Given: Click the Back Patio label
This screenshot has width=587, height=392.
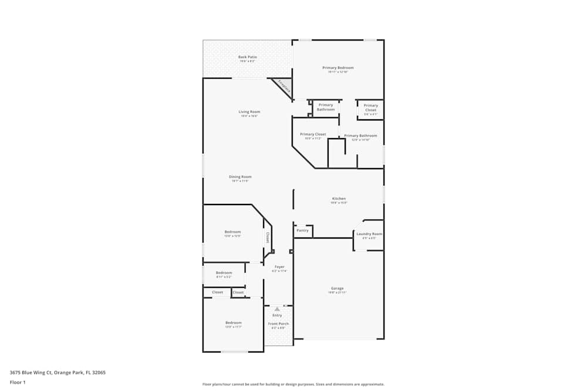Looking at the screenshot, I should point(247,57).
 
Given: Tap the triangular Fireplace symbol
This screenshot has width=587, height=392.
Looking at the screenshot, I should point(283,87).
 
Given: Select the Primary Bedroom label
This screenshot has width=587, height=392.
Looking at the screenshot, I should point(338,68).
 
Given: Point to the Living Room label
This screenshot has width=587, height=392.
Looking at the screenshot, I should point(249,112).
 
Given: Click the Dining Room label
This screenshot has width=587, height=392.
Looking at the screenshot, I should point(240,177).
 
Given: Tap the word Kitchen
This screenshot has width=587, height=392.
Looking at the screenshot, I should point(339,199).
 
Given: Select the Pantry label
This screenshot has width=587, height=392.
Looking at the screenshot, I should point(302,230).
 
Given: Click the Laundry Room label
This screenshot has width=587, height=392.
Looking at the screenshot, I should point(369,234).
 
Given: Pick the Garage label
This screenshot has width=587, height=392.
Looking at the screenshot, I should point(337,288).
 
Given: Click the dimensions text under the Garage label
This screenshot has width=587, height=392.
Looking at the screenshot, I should point(337,293).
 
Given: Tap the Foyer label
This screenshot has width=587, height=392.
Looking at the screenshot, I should point(279,267).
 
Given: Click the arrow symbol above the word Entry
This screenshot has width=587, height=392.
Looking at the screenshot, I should point(277,309).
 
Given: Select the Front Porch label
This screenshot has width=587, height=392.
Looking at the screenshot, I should point(278,324).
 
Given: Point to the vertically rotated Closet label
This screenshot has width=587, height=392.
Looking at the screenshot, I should point(268,237).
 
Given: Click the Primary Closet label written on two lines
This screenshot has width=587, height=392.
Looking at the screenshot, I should point(370,108).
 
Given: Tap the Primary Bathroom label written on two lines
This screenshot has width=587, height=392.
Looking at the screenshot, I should point(326,107).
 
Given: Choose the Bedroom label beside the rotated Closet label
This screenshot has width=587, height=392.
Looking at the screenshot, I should point(232,232).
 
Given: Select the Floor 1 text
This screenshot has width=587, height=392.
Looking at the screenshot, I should point(18,382).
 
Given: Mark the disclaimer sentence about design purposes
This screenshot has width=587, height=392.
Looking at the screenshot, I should point(293,384).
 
